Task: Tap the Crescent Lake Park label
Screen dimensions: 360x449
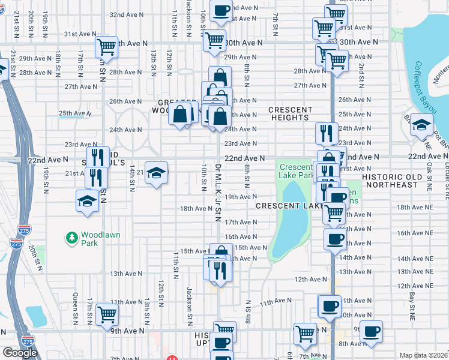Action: pyautogui.click(x=297, y=171)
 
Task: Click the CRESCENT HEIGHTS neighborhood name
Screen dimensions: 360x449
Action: pyautogui.click(x=290, y=114)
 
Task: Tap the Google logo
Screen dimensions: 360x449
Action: pyautogui.click(x=20, y=352)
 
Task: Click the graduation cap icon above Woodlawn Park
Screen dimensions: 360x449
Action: pyautogui.click(x=87, y=201)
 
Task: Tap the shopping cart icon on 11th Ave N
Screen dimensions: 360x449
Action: pyautogui.click(x=107, y=313)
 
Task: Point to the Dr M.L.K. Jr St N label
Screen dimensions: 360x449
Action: pyautogui.click(x=217, y=192)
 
